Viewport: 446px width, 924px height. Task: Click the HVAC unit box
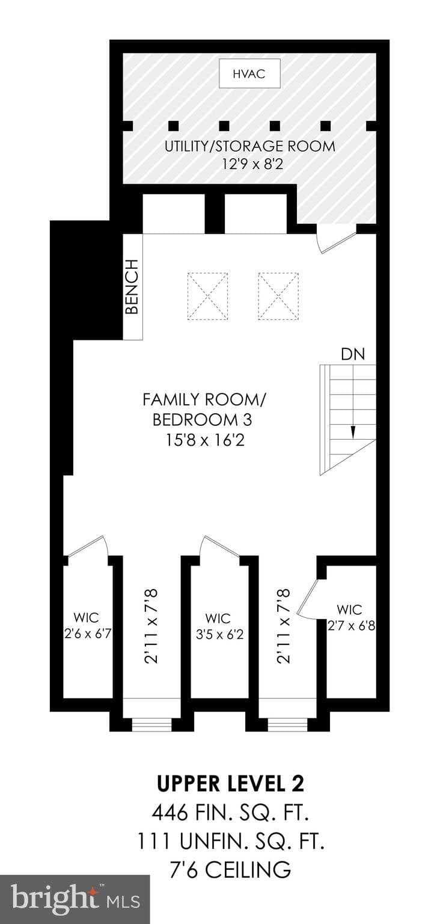[x=249, y=73]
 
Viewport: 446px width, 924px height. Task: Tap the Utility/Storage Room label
[x=250, y=146]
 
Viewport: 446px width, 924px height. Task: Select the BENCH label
[x=132, y=287]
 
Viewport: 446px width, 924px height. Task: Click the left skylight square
[x=208, y=295]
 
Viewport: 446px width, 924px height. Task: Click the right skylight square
[x=279, y=295]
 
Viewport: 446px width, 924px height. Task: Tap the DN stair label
[x=353, y=354]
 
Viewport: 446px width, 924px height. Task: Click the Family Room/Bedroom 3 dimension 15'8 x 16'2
[x=205, y=441]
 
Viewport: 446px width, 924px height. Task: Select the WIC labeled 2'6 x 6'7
[x=87, y=625]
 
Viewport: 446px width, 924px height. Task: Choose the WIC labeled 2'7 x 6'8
[x=351, y=618]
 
